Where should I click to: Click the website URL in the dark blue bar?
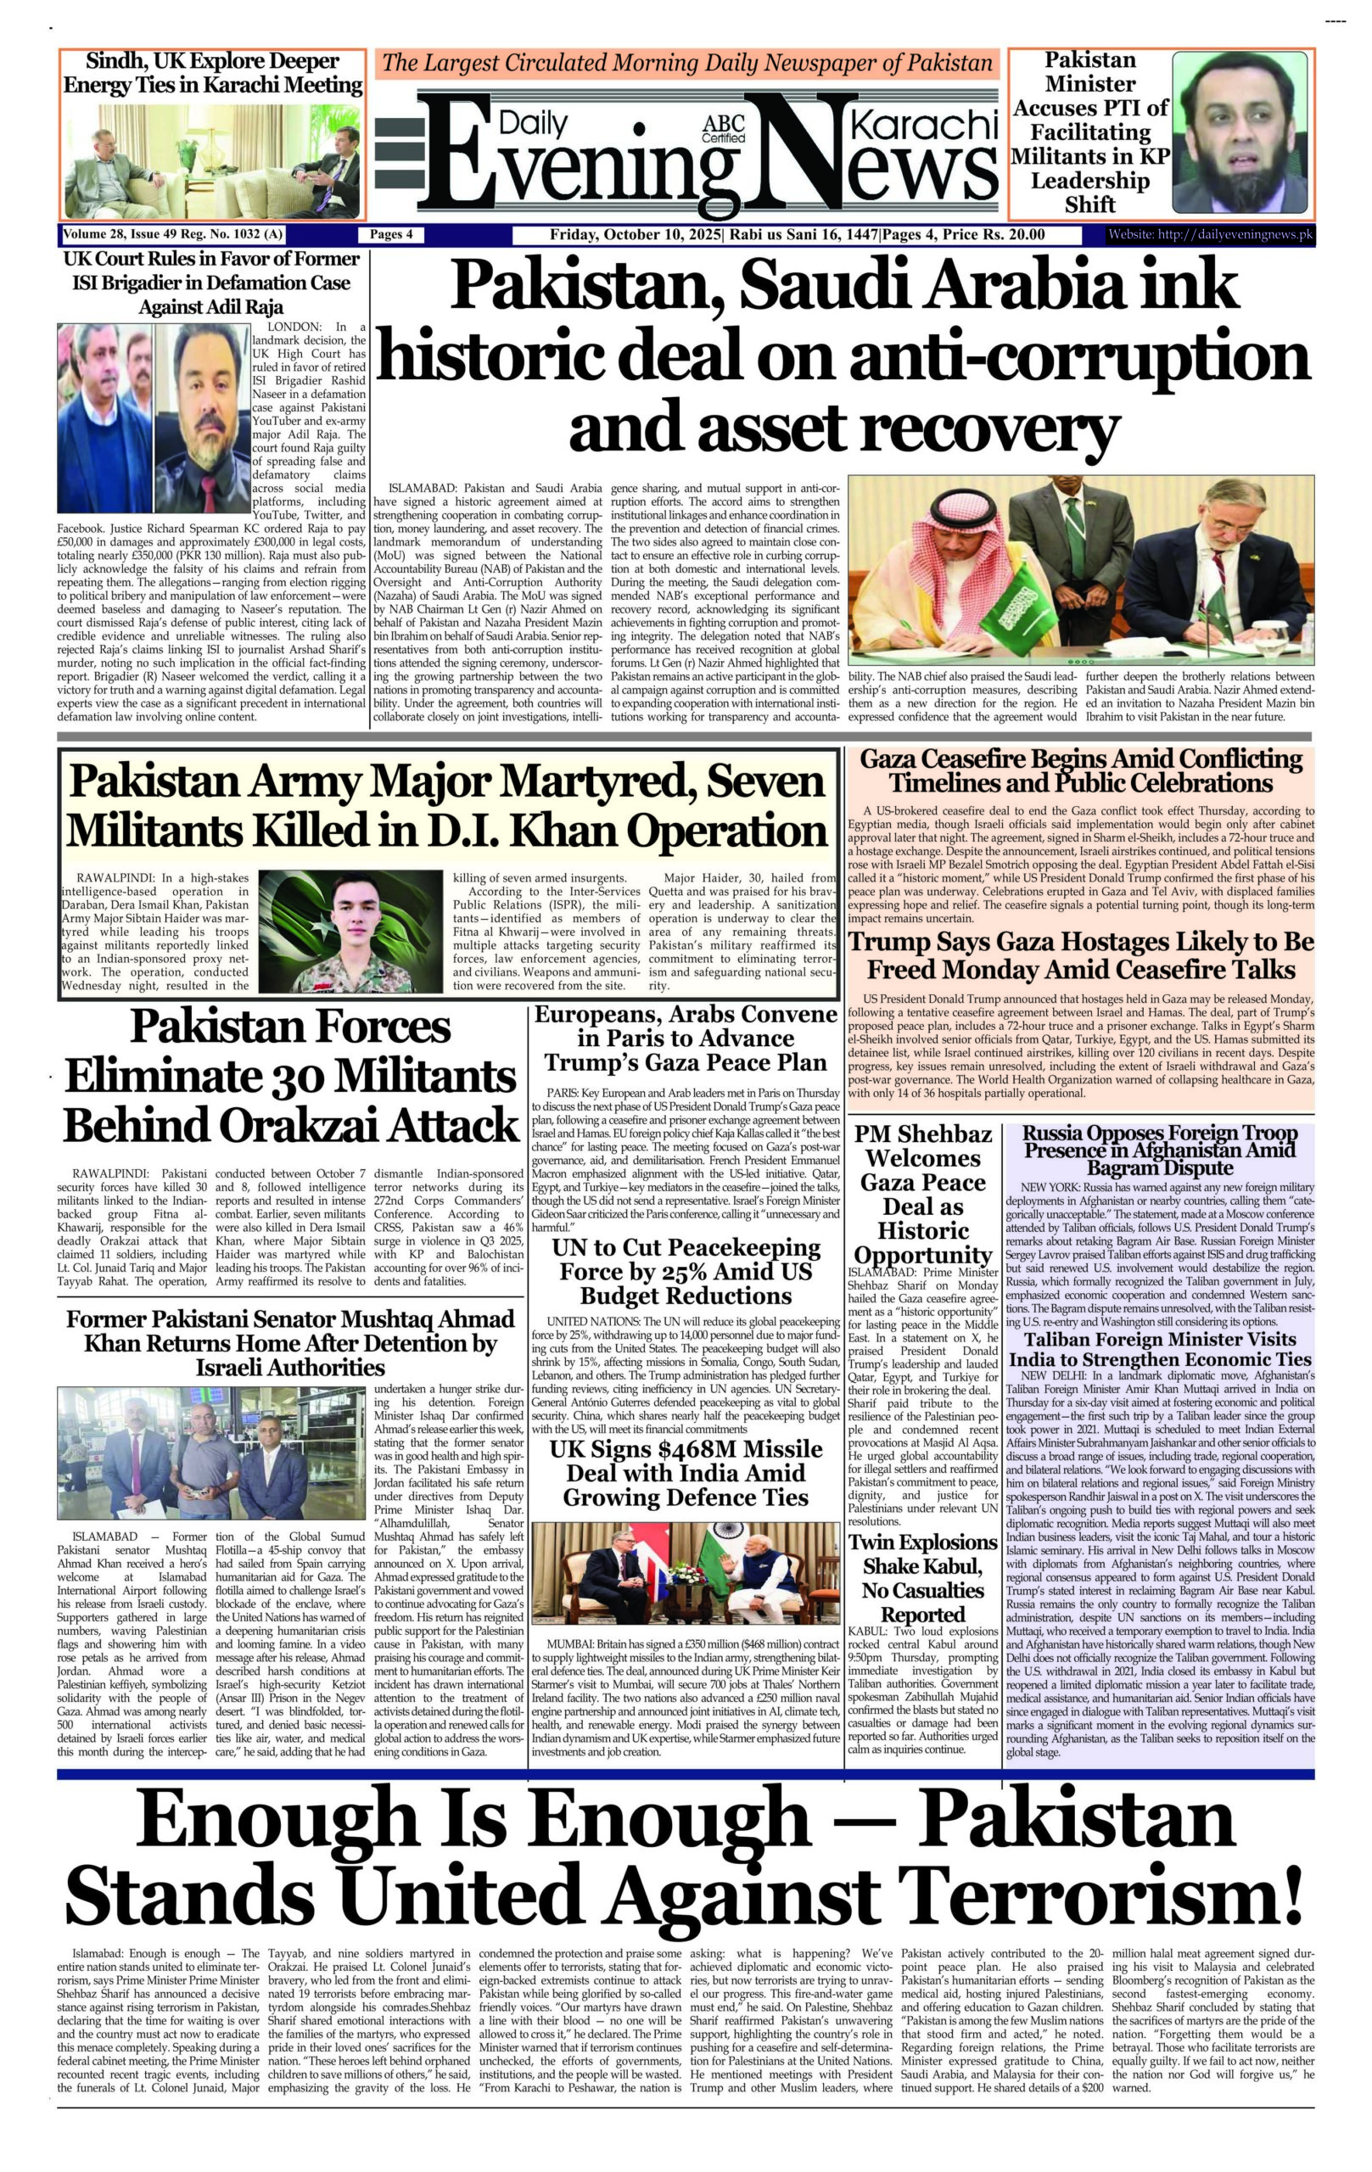pyautogui.click(x=1211, y=235)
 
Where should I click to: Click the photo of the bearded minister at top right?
pyautogui.click(x=1243, y=132)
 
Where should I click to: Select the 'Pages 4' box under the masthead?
pyautogui.click(x=391, y=235)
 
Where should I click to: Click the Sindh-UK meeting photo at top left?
pyautogui.click(x=213, y=160)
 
